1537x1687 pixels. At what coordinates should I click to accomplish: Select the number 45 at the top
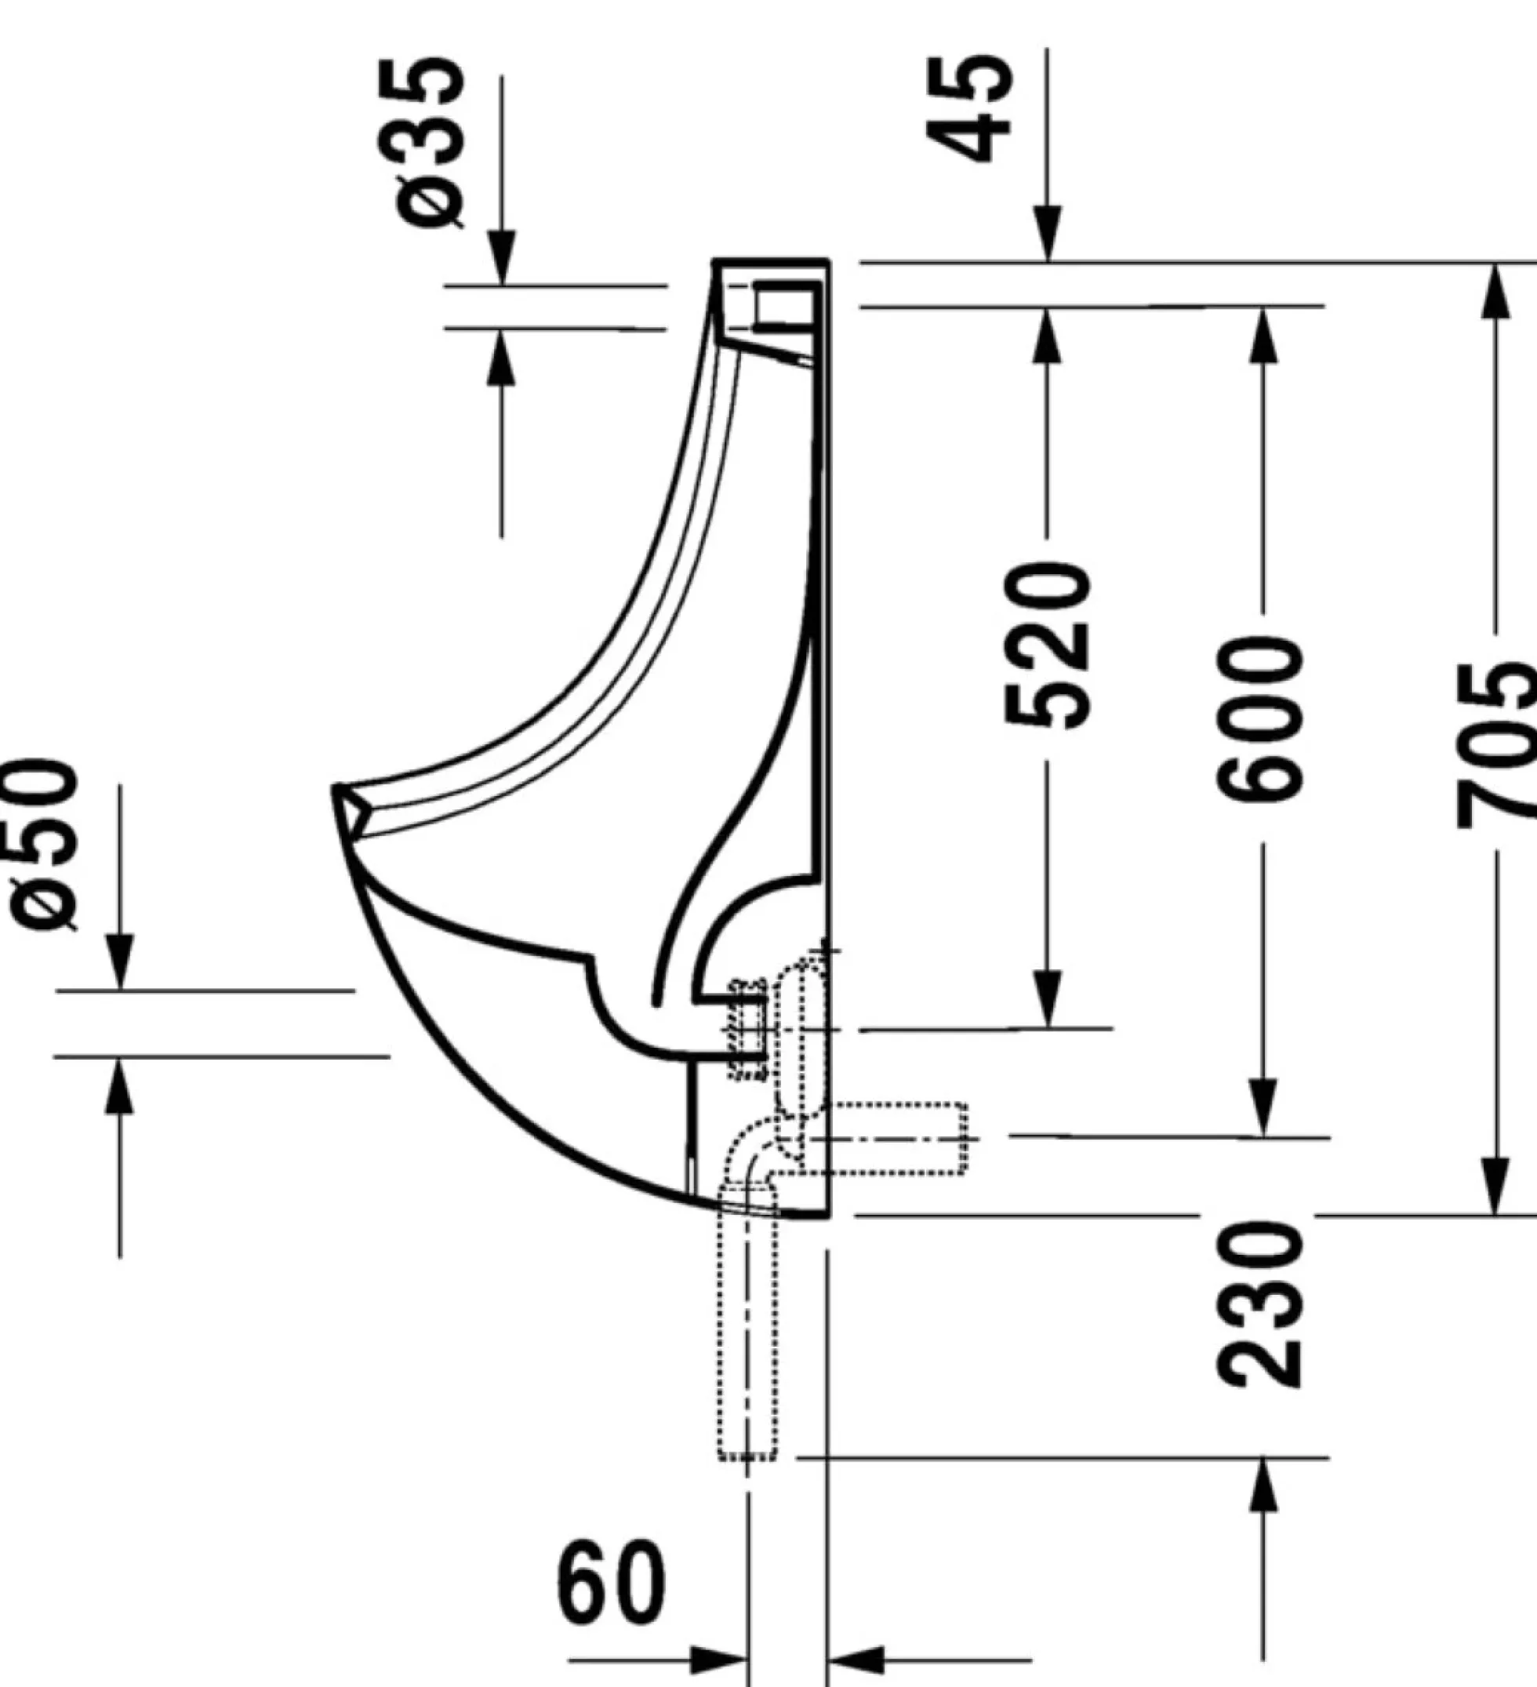(x=971, y=108)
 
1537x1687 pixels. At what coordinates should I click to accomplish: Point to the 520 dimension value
(x=1048, y=645)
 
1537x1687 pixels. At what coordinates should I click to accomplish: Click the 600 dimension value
(x=1259, y=719)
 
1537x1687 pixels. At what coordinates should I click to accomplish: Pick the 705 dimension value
(x=1498, y=745)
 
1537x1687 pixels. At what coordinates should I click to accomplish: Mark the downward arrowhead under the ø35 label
(x=501, y=257)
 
